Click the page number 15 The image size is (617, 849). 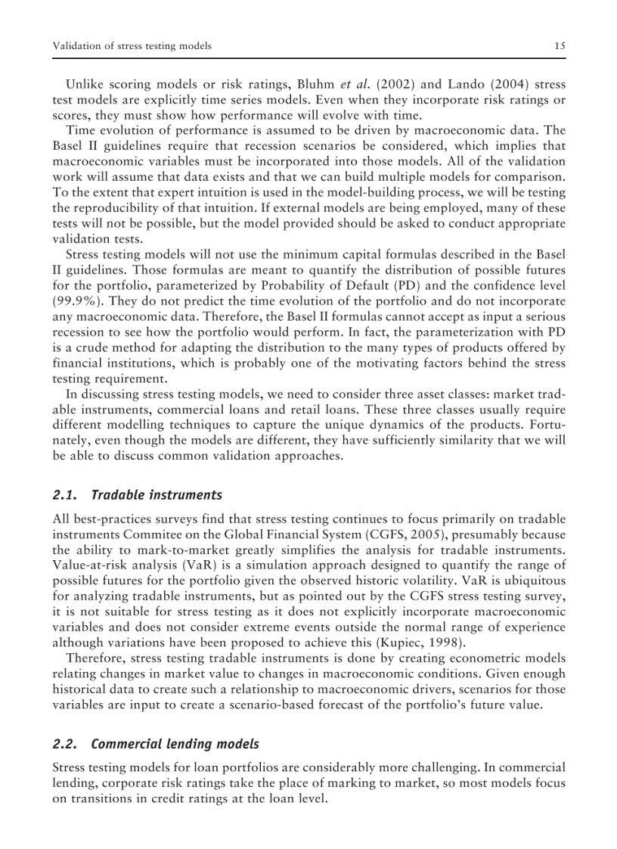[x=560, y=46]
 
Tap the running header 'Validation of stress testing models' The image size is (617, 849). [x=132, y=46]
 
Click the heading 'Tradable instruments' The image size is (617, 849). [x=157, y=496]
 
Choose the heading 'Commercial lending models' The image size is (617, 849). [x=175, y=745]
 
